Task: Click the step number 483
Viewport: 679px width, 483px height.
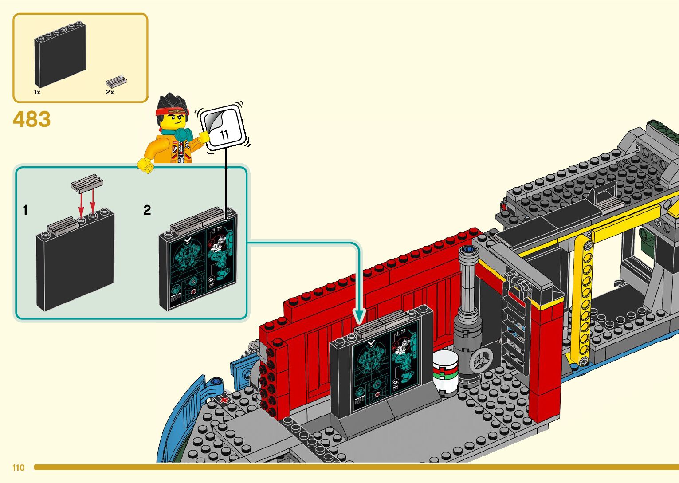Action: click(x=31, y=119)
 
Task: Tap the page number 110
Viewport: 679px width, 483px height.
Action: click(x=19, y=467)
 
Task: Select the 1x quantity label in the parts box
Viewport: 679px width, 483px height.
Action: click(x=37, y=92)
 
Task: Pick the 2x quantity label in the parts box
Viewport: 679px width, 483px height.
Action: click(x=110, y=92)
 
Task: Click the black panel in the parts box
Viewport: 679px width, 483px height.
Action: click(x=60, y=55)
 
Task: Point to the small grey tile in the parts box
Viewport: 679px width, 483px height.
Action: click(x=116, y=82)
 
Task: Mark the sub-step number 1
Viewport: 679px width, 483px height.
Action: click(x=25, y=210)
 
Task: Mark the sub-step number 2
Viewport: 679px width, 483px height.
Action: click(x=147, y=210)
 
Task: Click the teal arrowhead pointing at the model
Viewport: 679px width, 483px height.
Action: click(x=359, y=317)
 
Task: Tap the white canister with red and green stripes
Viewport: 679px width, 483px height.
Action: click(x=445, y=372)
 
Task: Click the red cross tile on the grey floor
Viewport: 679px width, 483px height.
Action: click(x=224, y=400)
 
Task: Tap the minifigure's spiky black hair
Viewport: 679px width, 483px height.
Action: click(x=171, y=102)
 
